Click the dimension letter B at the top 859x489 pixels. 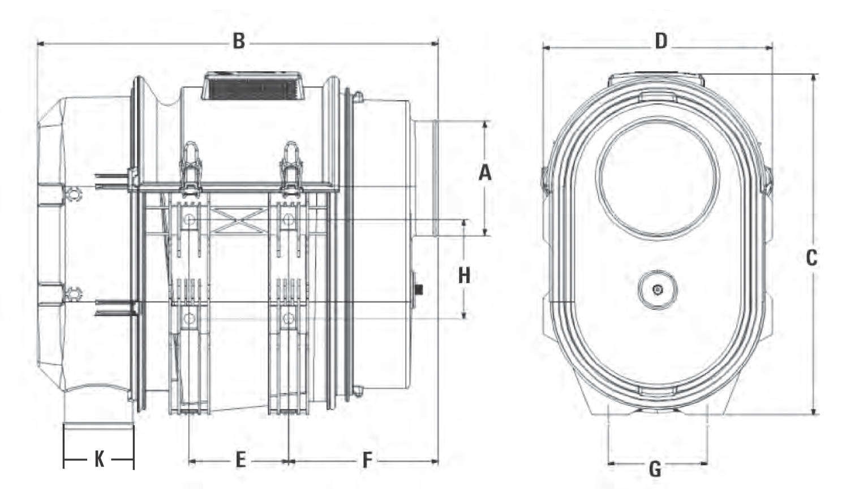coord(239,41)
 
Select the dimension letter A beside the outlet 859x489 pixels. coord(485,172)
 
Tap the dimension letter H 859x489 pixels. coord(464,275)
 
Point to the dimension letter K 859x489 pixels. coord(99,459)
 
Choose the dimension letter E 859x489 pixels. coord(240,460)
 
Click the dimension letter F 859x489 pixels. coord(367,460)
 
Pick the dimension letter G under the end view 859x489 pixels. coord(655,469)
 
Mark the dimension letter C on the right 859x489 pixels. coord(811,257)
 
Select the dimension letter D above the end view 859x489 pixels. coord(660,41)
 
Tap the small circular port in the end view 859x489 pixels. coord(657,289)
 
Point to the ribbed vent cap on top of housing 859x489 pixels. coord(252,87)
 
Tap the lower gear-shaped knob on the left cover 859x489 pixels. coord(74,294)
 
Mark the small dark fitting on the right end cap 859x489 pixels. coord(419,290)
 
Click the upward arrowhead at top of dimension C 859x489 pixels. coord(813,79)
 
